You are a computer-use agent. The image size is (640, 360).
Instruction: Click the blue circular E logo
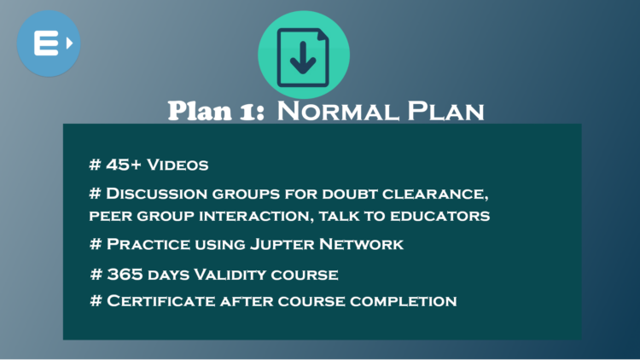(x=49, y=43)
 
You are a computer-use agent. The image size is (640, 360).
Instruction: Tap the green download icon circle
(x=304, y=55)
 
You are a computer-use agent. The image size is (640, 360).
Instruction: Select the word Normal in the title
(x=333, y=111)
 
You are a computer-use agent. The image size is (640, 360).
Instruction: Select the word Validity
(x=236, y=274)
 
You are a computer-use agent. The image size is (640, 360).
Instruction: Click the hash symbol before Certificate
(x=96, y=301)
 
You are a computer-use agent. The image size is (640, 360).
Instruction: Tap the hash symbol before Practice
(x=96, y=245)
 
